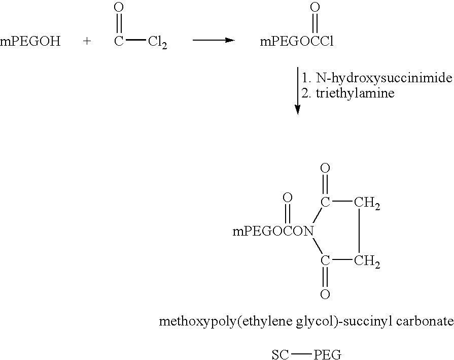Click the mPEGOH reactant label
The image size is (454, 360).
(x=30, y=42)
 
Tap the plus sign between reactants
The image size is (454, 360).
(x=87, y=42)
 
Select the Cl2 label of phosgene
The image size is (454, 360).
(x=158, y=42)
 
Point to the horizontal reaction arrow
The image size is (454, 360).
(x=214, y=40)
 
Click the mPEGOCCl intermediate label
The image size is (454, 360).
(x=296, y=42)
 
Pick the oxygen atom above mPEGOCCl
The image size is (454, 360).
(x=315, y=7)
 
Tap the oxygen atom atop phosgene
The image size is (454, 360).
(x=119, y=7)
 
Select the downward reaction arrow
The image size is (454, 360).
(x=297, y=91)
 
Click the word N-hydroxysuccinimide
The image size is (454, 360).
(x=384, y=78)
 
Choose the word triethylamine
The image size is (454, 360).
(x=355, y=93)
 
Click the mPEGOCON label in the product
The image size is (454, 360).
(x=273, y=232)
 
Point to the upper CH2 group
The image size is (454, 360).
(x=367, y=203)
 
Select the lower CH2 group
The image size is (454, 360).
(x=367, y=261)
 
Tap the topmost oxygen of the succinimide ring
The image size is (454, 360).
(x=325, y=168)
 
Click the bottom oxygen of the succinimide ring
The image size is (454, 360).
(x=325, y=294)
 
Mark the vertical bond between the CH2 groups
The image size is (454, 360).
(x=359, y=232)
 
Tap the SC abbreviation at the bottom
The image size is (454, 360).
(x=281, y=354)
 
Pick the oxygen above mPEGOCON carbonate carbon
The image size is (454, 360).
(x=288, y=198)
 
